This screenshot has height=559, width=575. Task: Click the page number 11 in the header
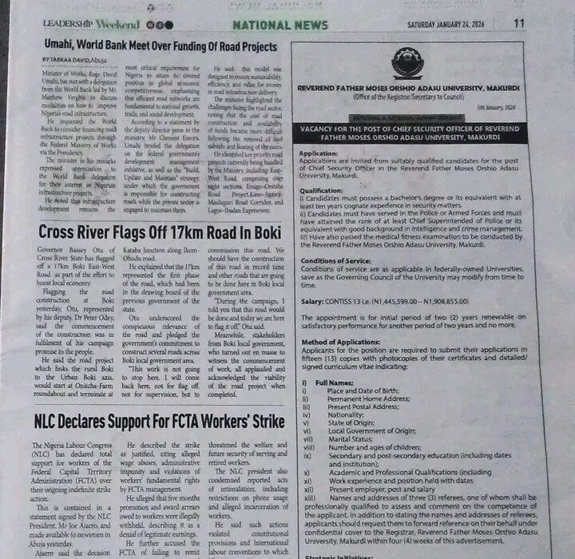click(x=519, y=23)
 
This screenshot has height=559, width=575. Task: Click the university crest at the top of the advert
click(x=407, y=62)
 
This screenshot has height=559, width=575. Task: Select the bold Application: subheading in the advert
click(x=319, y=153)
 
